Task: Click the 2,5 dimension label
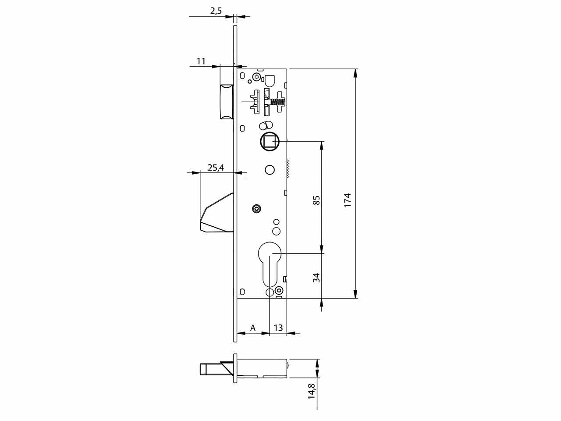pyautogui.click(x=216, y=11)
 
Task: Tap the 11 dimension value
pyautogui.click(x=201, y=61)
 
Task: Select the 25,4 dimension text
pyautogui.click(x=216, y=168)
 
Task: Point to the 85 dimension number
pyautogui.click(x=316, y=200)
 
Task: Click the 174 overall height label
pyautogui.click(x=348, y=200)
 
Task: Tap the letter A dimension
pyautogui.click(x=253, y=328)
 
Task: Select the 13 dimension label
pyautogui.click(x=278, y=328)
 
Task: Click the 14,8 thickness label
pyautogui.click(x=312, y=395)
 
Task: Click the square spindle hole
pyautogui.click(x=270, y=141)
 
